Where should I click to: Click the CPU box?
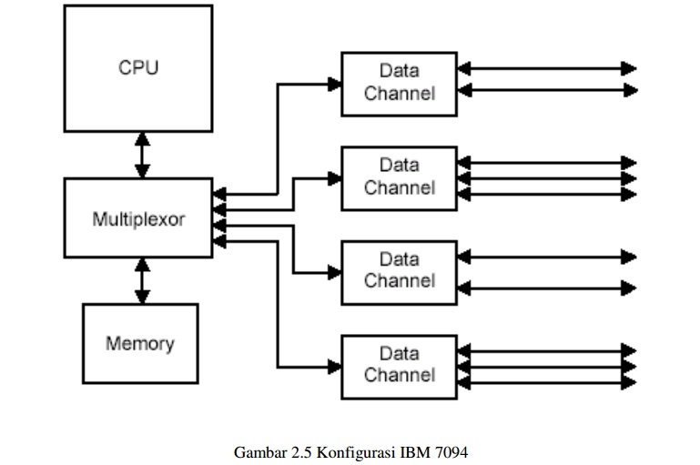(137, 68)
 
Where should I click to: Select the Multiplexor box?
(137, 218)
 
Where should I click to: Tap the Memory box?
(139, 343)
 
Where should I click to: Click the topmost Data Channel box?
(399, 84)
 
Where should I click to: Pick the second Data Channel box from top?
(399, 177)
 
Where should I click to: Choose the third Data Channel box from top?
(399, 271)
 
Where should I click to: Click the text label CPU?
(137, 68)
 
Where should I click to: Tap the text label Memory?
(139, 344)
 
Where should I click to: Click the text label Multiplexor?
(138, 219)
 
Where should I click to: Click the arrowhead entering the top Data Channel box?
(334, 84)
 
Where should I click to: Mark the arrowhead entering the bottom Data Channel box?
(334, 367)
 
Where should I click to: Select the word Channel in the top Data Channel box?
(400, 94)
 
